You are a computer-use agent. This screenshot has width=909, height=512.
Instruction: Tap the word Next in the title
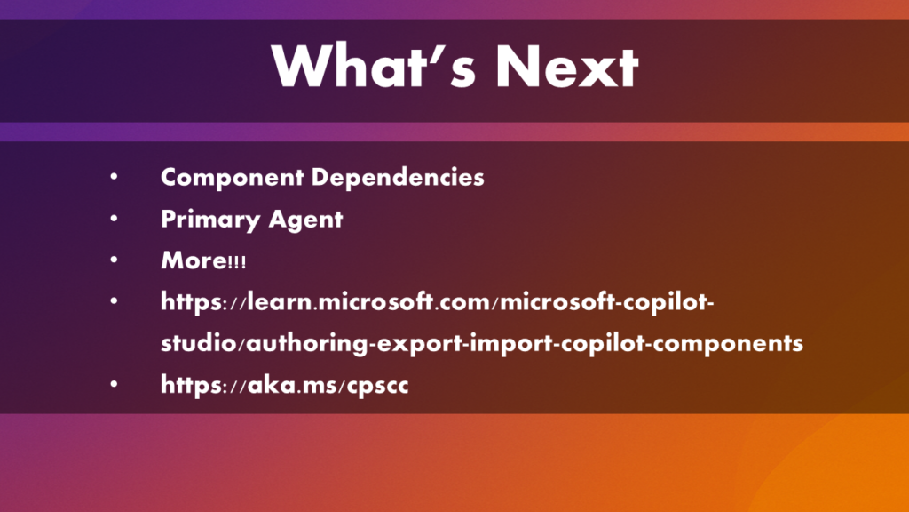pyautogui.click(x=567, y=66)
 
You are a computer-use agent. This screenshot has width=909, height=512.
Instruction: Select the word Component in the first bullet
pyautogui.click(x=232, y=178)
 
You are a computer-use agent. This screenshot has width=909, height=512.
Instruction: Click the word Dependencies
pyautogui.click(x=398, y=178)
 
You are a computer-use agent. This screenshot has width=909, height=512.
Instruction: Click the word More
pyautogui.click(x=194, y=260)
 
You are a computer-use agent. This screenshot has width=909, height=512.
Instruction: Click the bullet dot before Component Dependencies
pyautogui.click(x=114, y=177)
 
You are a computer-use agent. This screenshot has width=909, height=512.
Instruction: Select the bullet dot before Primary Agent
pyautogui.click(x=114, y=219)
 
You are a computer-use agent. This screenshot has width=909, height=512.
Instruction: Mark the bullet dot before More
pyautogui.click(x=114, y=260)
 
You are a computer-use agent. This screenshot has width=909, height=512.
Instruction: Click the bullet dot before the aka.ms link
pyautogui.click(x=114, y=384)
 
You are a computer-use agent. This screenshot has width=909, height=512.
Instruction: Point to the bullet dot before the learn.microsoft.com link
pyautogui.click(x=114, y=300)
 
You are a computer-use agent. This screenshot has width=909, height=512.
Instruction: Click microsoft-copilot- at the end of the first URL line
pyautogui.click(x=606, y=302)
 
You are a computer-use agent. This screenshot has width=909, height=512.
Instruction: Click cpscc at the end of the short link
pyautogui.click(x=377, y=387)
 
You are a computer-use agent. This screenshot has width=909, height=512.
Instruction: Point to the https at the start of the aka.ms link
pyautogui.click(x=191, y=385)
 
